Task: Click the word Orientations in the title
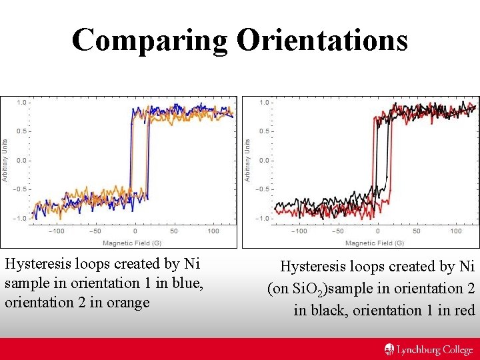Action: pos(321,40)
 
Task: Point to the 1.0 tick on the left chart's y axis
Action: pos(21,103)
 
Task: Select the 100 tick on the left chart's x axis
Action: pos(213,231)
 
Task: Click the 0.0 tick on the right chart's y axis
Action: pos(263,160)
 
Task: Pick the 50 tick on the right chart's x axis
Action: pos(417,231)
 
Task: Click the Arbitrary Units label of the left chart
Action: pos(5,160)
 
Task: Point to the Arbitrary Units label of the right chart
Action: pos(247,160)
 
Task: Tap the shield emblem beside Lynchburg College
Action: pos(389,349)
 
